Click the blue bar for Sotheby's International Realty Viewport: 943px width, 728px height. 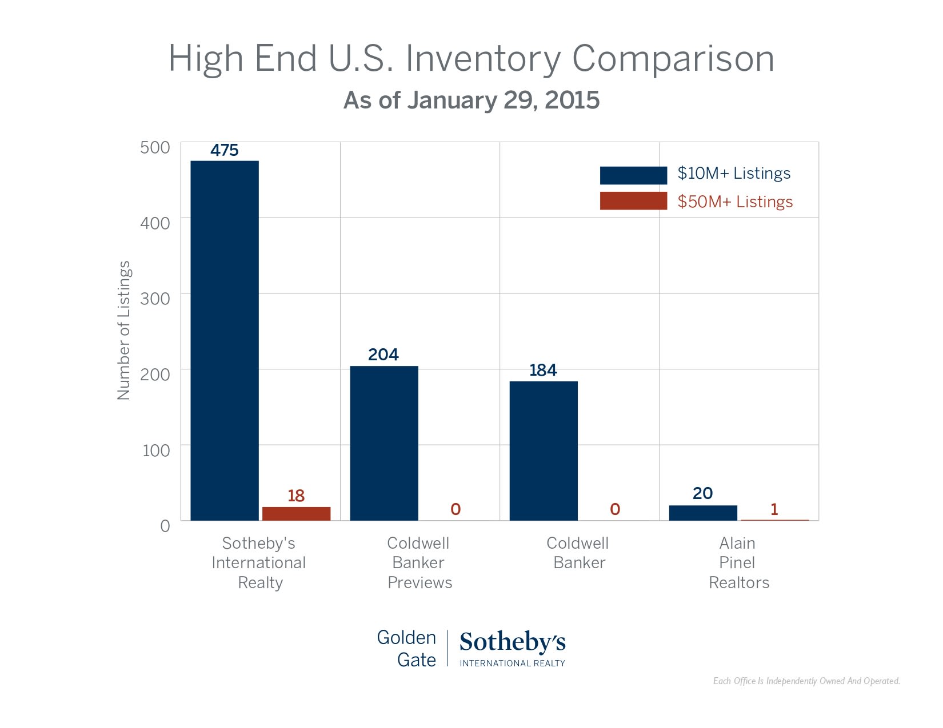point(224,340)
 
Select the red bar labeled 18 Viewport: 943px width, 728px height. point(296,513)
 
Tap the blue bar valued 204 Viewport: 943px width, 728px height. point(383,443)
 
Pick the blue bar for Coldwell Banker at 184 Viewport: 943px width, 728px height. point(543,451)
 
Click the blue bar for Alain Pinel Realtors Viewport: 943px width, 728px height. point(702,513)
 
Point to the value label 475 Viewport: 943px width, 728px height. point(224,150)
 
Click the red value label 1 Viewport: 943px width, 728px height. point(774,509)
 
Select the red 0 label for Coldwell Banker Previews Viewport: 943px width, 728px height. point(455,509)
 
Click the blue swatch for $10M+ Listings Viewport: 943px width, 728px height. point(633,175)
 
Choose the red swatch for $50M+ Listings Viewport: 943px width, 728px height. point(633,201)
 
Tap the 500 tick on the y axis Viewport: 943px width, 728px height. point(155,147)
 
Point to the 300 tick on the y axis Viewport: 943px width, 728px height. point(155,299)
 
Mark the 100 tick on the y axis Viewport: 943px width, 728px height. point(156,451)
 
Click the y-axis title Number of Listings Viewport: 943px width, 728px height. point(124,330)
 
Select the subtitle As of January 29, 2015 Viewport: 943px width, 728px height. point(471,100)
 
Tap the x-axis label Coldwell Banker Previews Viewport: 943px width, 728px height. point(419,562)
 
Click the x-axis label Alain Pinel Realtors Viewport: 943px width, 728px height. point(738,562)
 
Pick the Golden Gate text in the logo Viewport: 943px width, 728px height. point(407,649)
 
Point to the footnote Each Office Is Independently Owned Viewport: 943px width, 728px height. point(806,681)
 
